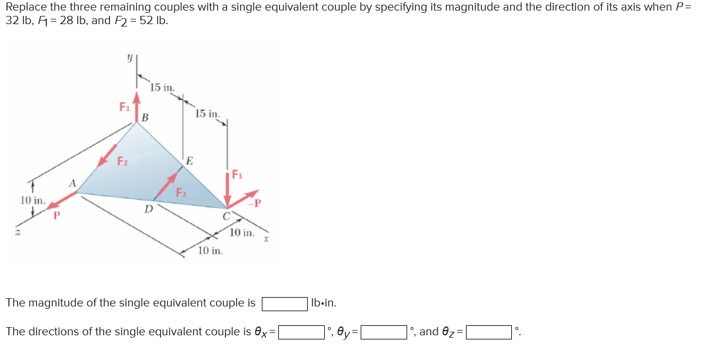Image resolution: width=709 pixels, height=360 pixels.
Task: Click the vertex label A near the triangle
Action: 74,183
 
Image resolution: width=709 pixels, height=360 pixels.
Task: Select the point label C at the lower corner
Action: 225,216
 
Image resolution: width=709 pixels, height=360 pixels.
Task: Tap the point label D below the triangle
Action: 148,208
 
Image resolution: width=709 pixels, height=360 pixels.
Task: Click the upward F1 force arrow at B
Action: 137,105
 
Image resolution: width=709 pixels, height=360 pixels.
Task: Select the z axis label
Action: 18,234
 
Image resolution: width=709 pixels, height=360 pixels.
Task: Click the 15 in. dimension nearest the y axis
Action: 162,88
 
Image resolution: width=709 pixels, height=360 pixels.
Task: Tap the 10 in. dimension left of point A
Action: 32,200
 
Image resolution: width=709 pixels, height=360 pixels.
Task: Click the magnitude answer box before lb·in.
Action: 284,304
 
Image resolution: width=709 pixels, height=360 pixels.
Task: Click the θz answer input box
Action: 489,332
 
